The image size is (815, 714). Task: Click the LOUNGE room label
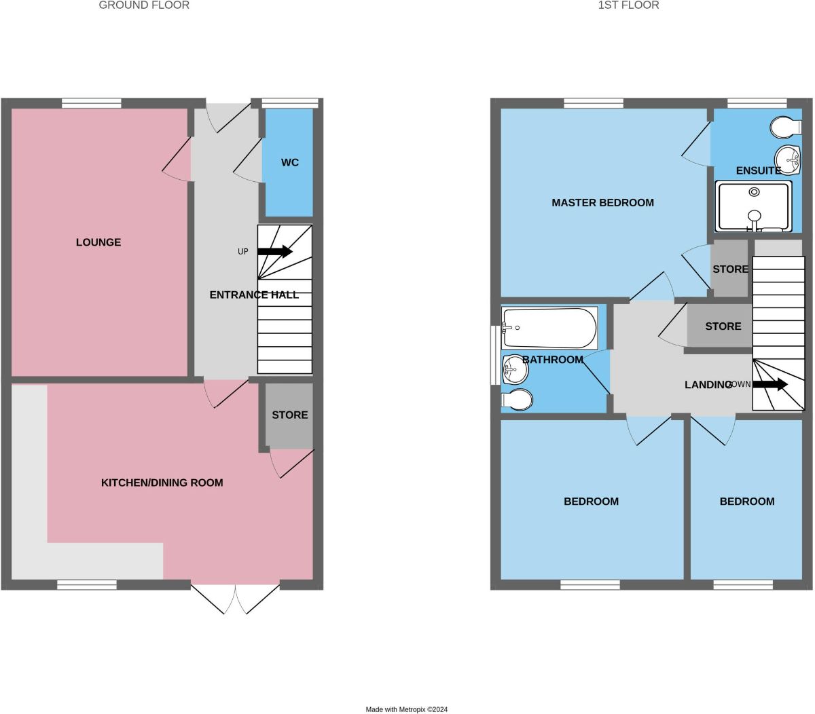pos(98,242)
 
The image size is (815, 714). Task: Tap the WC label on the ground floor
pos(289,162)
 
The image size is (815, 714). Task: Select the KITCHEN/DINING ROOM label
pos(162,483)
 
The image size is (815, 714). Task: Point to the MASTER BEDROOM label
pos(602,203)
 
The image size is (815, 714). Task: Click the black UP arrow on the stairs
pos(275,252)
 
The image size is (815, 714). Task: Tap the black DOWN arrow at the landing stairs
pos(770,384)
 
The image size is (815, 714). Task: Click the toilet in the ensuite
pos(786,128)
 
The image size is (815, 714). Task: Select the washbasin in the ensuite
pos(788,160)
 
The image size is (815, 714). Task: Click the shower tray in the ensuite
pos(753,206)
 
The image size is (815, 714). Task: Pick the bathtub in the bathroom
pos(549,327)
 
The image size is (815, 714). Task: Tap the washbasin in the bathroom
pos(515,369)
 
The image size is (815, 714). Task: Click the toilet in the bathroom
pos(518,400)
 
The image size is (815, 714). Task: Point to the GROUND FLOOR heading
pos(144,5)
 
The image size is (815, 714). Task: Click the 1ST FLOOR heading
pos(628,5)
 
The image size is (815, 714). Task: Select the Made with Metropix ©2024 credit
pos(406,709)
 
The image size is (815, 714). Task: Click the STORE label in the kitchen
pos(289,415)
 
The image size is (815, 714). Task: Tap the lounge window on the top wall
pos(91,103)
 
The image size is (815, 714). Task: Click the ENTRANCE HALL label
pos(254,295)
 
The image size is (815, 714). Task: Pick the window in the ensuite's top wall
pos(757,103)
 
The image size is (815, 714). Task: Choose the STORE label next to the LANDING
pos(723,326)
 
